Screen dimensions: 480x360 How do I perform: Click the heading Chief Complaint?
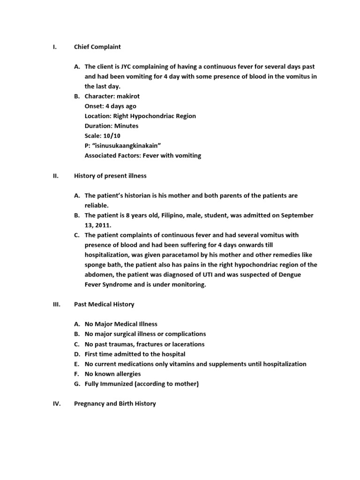(x=97, y=47)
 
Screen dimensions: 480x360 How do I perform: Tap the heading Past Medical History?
(x=104, y=304)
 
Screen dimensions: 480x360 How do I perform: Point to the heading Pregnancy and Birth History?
(x=115, y=403)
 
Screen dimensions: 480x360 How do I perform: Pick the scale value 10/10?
(x=112, y=135)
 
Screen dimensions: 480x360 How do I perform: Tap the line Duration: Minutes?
(x=112, y=126)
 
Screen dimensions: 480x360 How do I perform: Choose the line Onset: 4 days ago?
(x=111, y=106)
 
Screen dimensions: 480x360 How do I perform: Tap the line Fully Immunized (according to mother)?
(x=142, y=384)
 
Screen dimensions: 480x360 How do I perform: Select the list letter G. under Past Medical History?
(x=77, y=384)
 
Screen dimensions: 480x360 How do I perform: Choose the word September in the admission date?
(x=297, y=215)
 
